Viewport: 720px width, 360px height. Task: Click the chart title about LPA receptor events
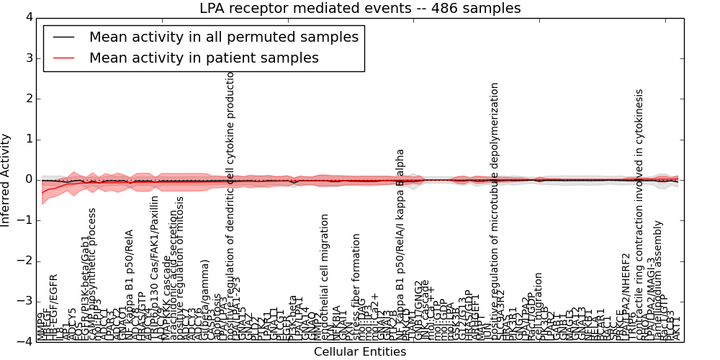click(360, 8)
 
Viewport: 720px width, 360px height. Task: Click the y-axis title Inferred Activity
click(6, 180)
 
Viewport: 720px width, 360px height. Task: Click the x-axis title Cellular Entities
click(359, 352)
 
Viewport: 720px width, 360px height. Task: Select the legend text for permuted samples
click(223, 37)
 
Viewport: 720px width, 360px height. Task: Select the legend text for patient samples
click(204, 58)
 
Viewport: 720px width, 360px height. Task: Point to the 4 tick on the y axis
click(28, 17)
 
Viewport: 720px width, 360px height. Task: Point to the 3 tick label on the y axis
click(28, 58)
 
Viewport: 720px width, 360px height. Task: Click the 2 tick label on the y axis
click(28, 99)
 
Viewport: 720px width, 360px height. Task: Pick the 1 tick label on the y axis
click(28, 139)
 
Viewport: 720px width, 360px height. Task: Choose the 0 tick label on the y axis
click(28, 179)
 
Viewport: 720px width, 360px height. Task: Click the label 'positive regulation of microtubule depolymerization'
click(495, 209)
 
